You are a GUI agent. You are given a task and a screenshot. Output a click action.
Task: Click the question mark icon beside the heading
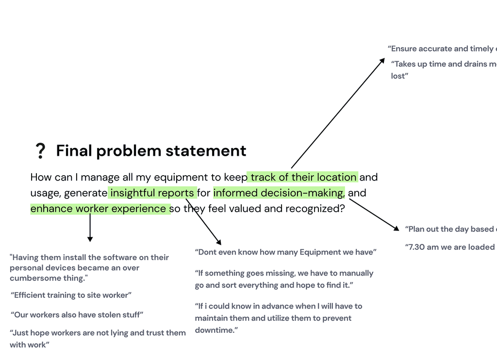point(41,151)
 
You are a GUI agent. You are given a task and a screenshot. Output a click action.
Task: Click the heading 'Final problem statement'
point(151,151)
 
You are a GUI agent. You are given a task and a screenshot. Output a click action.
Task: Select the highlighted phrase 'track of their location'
point(303,177)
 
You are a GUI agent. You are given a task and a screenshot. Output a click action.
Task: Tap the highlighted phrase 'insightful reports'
point(152,193)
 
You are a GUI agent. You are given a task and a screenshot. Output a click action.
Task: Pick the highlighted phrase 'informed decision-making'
point(278,193)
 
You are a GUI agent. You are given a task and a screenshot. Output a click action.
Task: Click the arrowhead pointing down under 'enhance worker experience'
point(90,238)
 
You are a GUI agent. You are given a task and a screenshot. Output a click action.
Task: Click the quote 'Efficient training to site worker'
point(71,295)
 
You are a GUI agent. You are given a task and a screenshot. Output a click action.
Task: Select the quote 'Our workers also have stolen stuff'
point(77,315)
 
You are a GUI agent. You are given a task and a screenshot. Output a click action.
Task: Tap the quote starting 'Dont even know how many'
point(285,252)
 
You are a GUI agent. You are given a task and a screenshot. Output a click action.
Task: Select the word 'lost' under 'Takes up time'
point(398,76)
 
